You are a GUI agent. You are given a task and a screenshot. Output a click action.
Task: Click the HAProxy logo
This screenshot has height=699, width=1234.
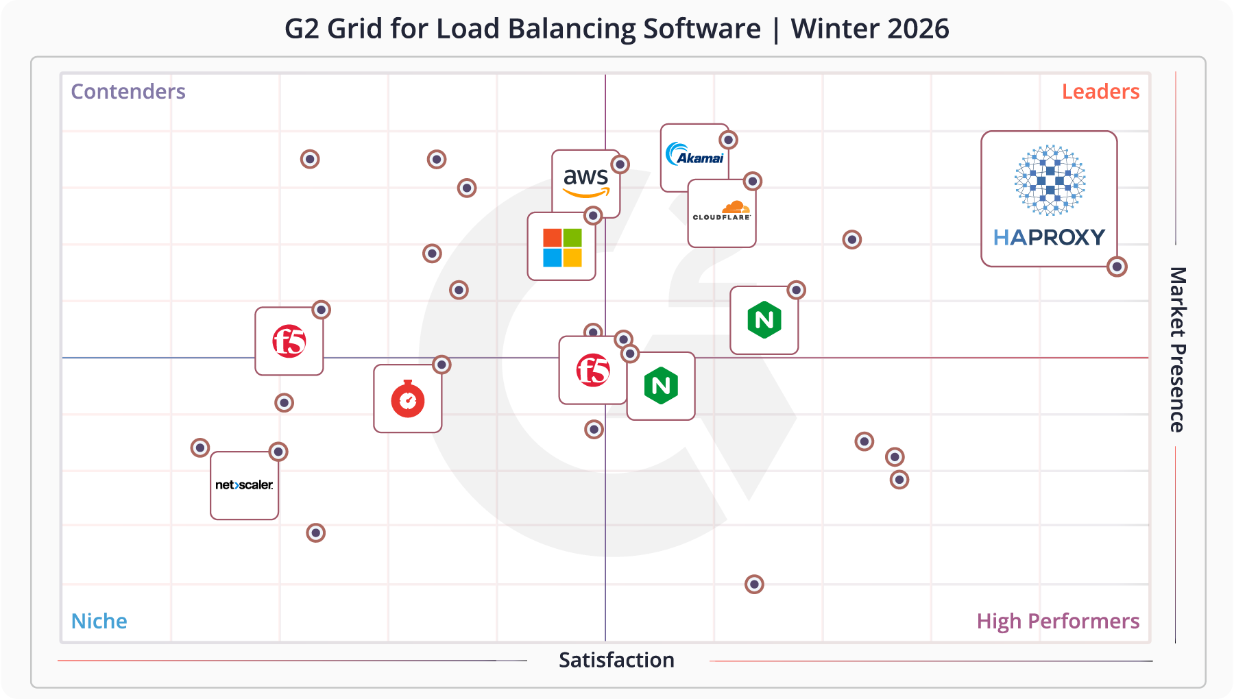click(1049, 199)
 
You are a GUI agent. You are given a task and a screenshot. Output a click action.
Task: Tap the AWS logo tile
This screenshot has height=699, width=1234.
click(585, 182)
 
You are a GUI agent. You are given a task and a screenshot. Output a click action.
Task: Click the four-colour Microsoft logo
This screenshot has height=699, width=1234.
click(562, 247)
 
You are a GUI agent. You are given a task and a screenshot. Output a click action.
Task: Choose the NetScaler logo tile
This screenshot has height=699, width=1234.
click(244, 485)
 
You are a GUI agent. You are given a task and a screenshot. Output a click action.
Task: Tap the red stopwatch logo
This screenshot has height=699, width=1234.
click(408, 399)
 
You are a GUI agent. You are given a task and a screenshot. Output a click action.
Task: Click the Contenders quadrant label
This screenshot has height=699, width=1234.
click(128, 92)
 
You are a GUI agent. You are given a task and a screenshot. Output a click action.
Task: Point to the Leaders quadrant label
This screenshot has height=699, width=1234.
click(1100, 92)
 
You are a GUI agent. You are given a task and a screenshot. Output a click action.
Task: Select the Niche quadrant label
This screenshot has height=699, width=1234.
click(99, 621)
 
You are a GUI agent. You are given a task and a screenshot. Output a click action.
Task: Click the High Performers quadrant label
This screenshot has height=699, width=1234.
click(1058, 621)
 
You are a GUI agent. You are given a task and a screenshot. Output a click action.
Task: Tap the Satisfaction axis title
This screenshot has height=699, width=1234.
click(616, 660)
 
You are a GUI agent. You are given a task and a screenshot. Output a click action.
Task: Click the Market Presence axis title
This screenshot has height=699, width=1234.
click(1177, 349)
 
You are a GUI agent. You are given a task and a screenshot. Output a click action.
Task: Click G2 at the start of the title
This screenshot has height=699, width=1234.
click(302, 29)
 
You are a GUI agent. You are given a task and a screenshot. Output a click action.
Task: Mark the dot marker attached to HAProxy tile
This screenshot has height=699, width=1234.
click(1117, 267)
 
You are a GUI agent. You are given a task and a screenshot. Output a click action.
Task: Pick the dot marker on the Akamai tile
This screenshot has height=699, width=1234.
click(728, 140)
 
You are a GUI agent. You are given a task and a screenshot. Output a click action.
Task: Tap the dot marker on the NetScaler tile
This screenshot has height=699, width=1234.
click(278, 452)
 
